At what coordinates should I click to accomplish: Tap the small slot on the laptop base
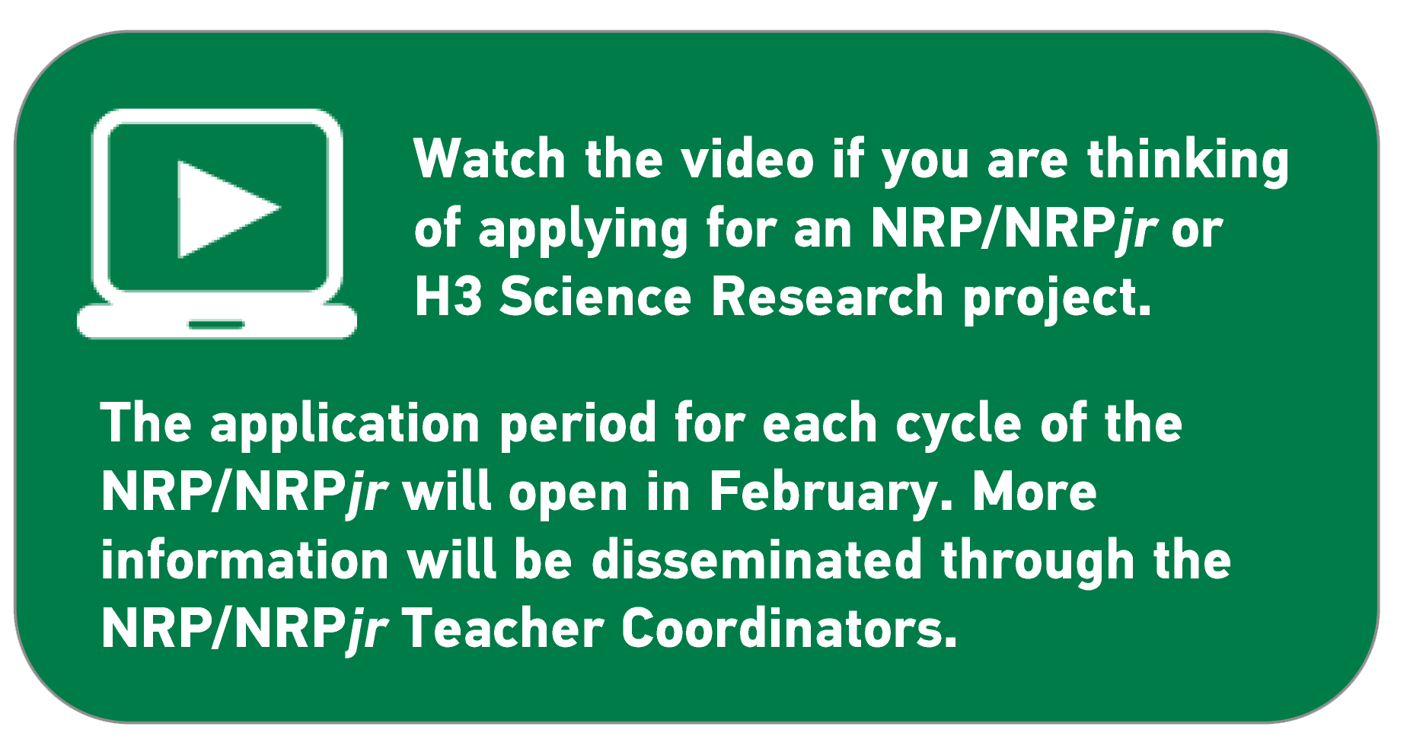(216, 325)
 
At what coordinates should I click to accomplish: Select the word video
(747, 159)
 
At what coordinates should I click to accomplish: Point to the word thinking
(1188, 161)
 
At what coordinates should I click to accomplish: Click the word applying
(583, 230)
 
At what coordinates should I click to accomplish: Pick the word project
(1057, 298)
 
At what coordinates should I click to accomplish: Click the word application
(345, 425)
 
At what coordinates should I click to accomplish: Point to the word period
(577, 425)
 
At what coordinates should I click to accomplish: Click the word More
(1035, 492)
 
